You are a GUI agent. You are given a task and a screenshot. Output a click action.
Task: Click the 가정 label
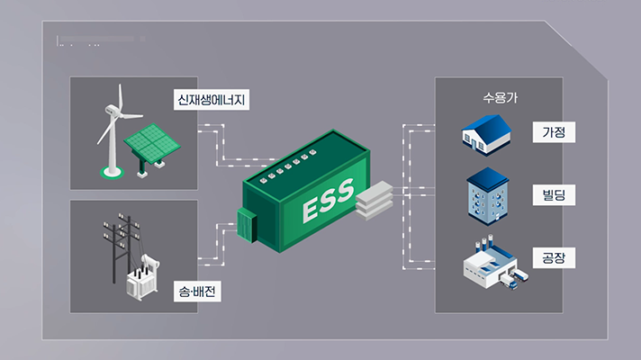pos(553,133)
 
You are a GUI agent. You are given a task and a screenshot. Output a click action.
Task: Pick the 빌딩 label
pos(553,194)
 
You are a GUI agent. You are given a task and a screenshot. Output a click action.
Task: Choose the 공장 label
pos(553,258)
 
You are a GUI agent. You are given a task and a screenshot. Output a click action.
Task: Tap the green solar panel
pos(149,142)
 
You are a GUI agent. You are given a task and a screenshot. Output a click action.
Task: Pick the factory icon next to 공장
pos(489,264)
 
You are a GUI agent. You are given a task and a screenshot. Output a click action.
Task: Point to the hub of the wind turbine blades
pos(113,112)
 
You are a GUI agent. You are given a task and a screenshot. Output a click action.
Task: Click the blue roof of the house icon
pos(491,126)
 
